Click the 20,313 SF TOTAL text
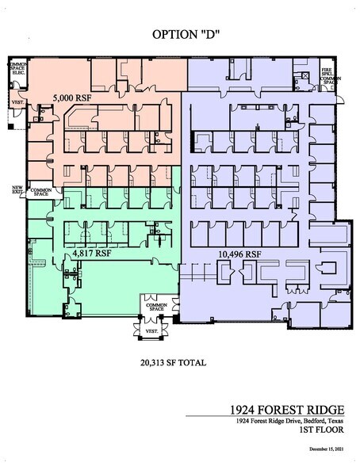[x=172, y=362]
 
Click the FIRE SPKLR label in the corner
[x=327, y=71]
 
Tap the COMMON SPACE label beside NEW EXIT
[x=40, y=192]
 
